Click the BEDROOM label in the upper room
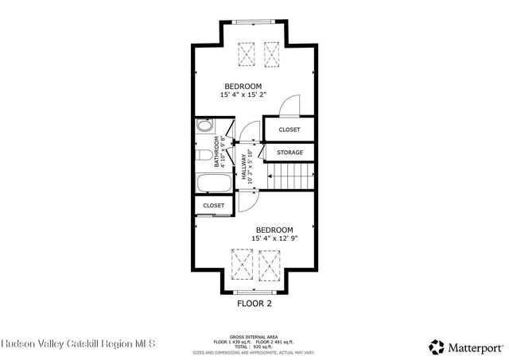coord(243,86)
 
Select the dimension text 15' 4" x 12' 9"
coord(274,238)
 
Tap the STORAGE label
coord(289,152)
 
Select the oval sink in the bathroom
coord(204,126)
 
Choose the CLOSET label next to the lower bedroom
coord(214,205)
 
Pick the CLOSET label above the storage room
coord(289,130)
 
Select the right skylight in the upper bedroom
coord(273,55)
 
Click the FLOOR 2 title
coord(254,303)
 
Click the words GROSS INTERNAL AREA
coord(254,336)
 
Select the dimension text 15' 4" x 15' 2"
coord(243,95)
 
